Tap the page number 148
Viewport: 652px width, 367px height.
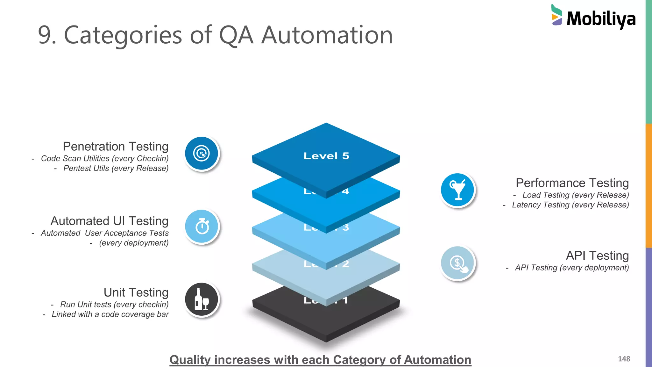click(624, 359)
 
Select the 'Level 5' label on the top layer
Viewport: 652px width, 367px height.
click(326, 156)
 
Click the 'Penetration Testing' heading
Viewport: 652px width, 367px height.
click(116, 147)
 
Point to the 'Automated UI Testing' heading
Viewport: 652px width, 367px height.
click(110, 221)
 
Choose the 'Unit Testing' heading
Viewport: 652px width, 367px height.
click(136, 292)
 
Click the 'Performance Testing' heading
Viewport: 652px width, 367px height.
click(572, 183)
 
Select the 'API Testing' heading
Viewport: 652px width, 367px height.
click(597, 256)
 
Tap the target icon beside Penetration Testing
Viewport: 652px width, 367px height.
click(202, 154)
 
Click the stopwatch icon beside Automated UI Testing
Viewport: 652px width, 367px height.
click(202, 227)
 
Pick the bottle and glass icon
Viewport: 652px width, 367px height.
click(202, 299)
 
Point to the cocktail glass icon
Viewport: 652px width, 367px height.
click(457, 190)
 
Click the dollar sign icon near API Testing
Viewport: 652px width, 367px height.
click(457, 263)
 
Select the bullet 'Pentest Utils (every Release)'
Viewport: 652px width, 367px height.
click(116, 169)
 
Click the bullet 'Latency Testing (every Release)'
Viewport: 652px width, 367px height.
click(570, 205)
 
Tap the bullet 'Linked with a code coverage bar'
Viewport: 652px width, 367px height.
click(110, 314)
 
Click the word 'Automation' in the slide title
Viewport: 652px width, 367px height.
click(327, 35)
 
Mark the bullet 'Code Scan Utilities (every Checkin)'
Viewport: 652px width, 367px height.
click(104, 159)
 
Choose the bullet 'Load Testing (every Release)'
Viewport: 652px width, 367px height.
click(575, 195)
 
